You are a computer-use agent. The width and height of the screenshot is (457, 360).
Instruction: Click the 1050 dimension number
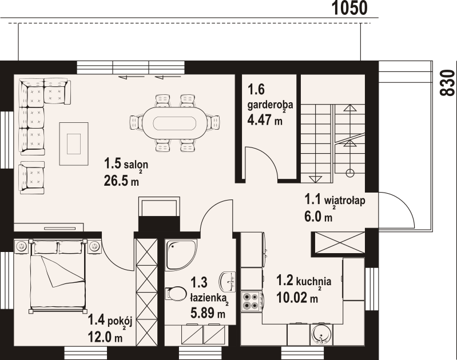[x=349, y=8]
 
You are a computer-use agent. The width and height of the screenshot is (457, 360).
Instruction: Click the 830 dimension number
[x=447, y=83]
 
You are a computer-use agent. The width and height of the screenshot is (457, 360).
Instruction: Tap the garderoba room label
[x=270, y=105]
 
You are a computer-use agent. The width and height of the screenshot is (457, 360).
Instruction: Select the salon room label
[x=136, y=165]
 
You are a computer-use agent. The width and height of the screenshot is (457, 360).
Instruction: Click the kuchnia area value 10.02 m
[x=297, y=297]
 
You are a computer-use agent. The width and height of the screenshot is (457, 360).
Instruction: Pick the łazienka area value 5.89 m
[x=208, y=313]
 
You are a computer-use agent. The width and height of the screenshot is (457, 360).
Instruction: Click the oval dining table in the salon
[x=175, y=123]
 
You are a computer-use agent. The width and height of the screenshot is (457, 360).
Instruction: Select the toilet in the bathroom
[x=176, y=293]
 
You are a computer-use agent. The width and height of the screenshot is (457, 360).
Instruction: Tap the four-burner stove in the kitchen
[x=252, y=301]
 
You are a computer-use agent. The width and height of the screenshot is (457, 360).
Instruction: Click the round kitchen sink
[x=321, y=335]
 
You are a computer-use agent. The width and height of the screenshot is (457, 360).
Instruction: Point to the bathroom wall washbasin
[x=228, y=282]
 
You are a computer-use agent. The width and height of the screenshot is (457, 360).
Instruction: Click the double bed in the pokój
[x=58, y=276]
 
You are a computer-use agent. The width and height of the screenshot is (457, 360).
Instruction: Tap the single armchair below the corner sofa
[x=31, y=178]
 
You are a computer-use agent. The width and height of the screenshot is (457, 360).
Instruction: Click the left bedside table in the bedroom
[x=22, y=246]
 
